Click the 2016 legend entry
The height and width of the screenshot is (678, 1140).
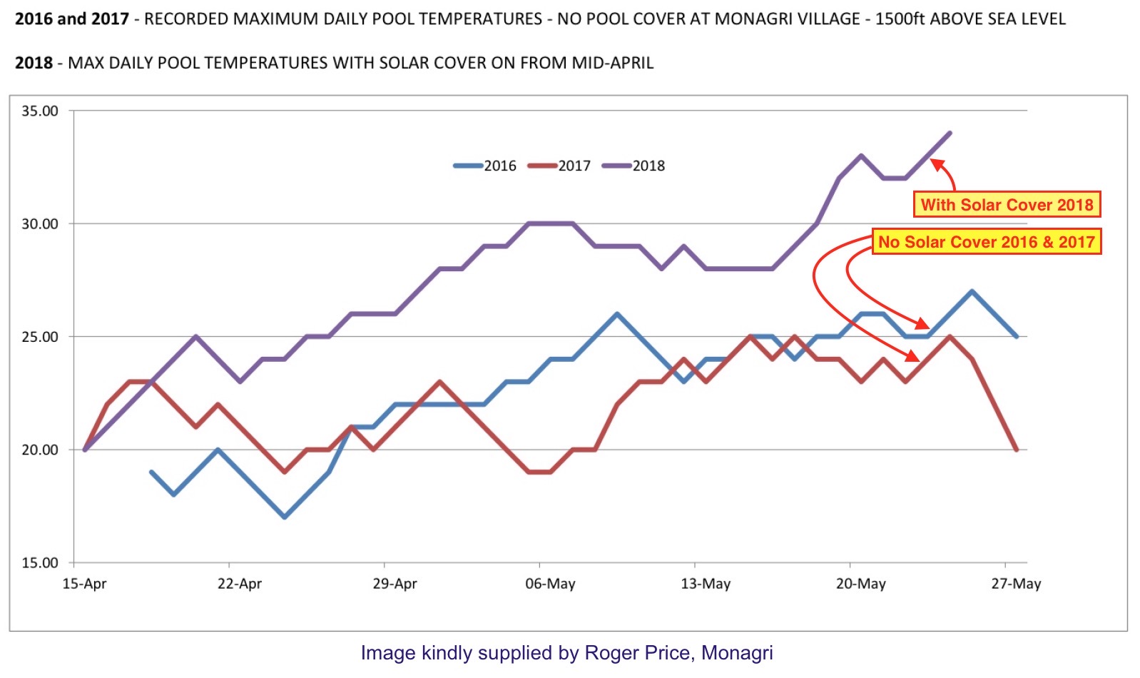(485, 166)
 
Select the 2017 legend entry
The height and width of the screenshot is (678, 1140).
(559, 166)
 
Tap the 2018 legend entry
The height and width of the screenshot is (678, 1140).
(633, 166)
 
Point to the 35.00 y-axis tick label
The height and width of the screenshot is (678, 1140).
(40, 111)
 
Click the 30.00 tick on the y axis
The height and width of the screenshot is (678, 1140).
(40, 223)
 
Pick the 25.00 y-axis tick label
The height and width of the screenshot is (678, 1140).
(40, 337)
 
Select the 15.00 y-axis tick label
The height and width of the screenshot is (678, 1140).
(40, 562)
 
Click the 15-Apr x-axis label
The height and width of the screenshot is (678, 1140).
(84, 584)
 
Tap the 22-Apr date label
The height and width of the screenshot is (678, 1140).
(240, 584)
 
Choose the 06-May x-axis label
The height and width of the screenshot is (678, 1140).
(550, 584)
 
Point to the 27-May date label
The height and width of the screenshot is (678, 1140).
(1016, 584)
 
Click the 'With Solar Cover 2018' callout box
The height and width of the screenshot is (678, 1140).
(1007, 205)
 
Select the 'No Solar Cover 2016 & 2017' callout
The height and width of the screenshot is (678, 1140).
(987, 242)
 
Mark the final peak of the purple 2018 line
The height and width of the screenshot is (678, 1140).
(950, 133)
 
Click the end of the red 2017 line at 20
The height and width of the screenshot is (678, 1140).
(1017, 450)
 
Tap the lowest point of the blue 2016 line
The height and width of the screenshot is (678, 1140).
(285, 517)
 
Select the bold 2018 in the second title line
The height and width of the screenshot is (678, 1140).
(34, 63)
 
